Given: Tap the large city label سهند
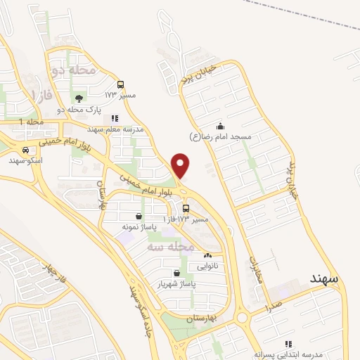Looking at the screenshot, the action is click(323, 278).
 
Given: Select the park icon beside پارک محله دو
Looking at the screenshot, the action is click(77, 99).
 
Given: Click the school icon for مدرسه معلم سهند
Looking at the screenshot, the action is click(115, 118).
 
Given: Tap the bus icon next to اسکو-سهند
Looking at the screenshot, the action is click(25, 150).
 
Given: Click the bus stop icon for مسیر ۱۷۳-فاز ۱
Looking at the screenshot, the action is click(186, 208).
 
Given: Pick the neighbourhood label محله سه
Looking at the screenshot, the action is click(171, 247).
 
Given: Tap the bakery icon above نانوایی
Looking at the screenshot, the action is click(207, 256).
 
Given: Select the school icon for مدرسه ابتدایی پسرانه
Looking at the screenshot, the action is click(286, 344).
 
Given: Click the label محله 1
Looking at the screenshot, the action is click(31, 122).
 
